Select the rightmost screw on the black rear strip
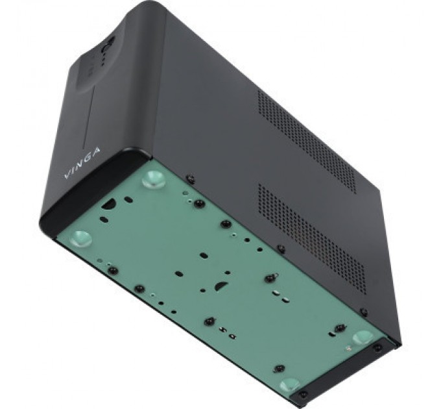[377, 347]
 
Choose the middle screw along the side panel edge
[280, 249]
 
